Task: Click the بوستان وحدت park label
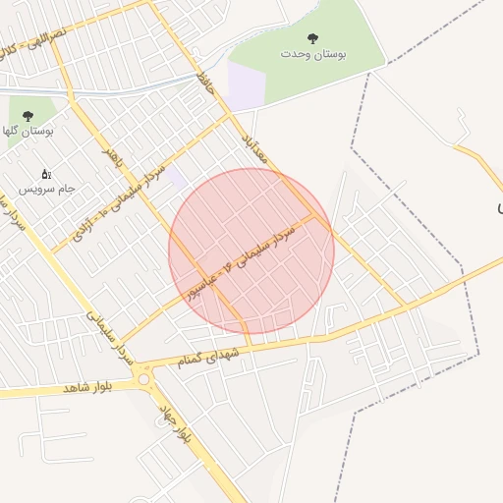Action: [312, 54]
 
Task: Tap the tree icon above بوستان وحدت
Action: [312, 38]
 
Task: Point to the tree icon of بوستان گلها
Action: [27, 115]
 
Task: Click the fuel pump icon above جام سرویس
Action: [45, 174]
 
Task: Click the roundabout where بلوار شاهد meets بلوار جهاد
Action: [145, 378]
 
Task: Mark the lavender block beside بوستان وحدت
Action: [246, 86]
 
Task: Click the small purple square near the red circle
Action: [177, 178]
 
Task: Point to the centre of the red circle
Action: [251, 251]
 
